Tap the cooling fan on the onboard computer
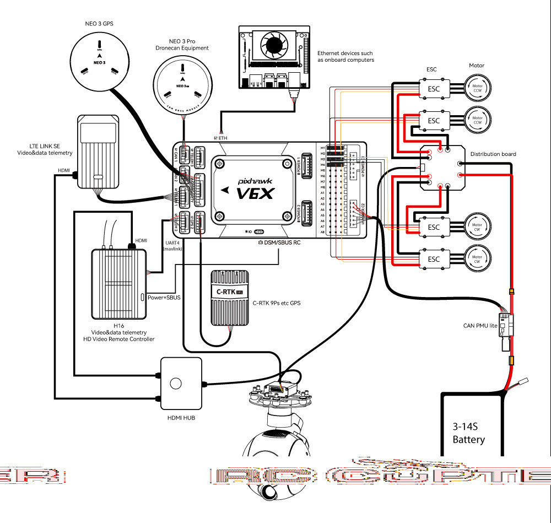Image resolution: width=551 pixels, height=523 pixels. click(x=274, y=42)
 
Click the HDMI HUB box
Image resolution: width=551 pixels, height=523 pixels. click(x=176, y=384)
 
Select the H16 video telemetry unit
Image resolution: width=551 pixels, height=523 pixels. click(x=120, y=283)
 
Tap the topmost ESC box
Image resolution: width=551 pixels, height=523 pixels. click(x=434, y=88)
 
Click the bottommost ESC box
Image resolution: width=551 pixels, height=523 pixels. click(x=434, y=259)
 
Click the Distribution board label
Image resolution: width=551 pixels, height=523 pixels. click(x=493, y=154)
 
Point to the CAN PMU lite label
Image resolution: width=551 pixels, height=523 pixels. click(x=480, y=326)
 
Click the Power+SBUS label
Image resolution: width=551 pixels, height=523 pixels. click(x=164, y=297)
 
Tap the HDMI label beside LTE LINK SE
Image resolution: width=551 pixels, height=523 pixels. click(x=64, y=170)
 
